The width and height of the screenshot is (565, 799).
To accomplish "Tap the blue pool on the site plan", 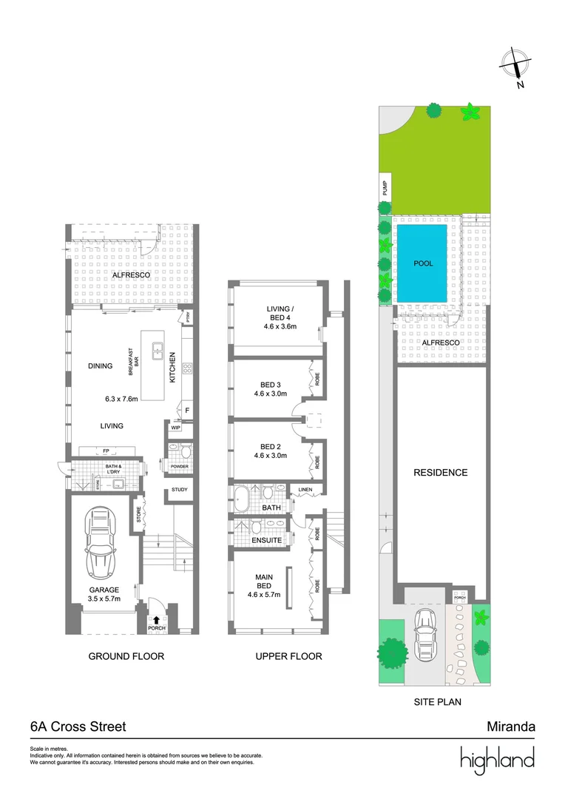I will pyautogui.click(x=422, y=263).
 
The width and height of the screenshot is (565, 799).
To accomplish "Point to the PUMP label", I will pyautogui.click(x=385, y=188).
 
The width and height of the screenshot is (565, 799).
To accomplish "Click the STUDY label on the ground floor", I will pyautogui.click(x=179, y=490).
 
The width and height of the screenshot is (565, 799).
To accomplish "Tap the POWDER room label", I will pyautogui.click(x=179, y=468).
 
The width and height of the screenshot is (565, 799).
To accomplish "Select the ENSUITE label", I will pyautogui.click(x=267, y=541).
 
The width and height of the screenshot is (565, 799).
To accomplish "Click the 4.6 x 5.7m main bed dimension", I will pyautogui.click(x=263, y=593).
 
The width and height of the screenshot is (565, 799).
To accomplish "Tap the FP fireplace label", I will pyautogui.click(x=106, y=450).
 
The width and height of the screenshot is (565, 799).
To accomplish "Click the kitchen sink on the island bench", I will pyautogui.click(x=158, y=351).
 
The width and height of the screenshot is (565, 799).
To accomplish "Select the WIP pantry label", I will pyautogui.click(x=176, y=428).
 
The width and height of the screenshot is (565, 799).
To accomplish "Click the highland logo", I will pyautogui.click(x=497, y=761).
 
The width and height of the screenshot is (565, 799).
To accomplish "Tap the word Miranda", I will pyautogui.click(x=510, y=726).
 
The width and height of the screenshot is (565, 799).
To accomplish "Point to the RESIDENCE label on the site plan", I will pyautogui.click(x=440, y=473).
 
